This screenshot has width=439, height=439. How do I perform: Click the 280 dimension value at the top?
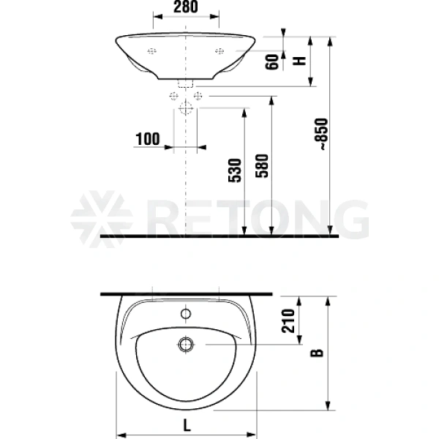(x=186, y=7)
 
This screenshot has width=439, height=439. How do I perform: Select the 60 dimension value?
(x=272, y=61)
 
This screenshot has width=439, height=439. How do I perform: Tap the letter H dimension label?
(x=299, y=61)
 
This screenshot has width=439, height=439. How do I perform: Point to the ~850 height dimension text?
(x=321, y=135)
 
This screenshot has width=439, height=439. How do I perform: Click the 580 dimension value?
(x=262, y=165)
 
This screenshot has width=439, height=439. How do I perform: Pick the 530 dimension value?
(x=235, y=170)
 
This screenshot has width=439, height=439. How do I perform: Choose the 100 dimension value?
(x=148, y=139)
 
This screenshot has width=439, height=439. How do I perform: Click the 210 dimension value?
(x=288, y=321)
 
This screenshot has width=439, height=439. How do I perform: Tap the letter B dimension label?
(x=317, y=353)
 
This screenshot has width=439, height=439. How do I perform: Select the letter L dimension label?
(x=187, y=426)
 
